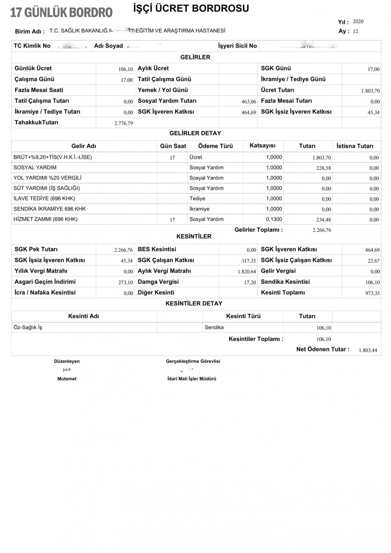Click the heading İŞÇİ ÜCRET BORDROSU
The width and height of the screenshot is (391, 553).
tap(191, 8)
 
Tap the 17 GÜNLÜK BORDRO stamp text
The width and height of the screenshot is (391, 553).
tap(61, 13)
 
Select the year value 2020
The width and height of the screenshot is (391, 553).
tap(358, 21)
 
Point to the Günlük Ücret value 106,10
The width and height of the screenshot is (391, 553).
tap(126, 69)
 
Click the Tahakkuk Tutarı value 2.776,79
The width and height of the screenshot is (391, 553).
tap(124, 123)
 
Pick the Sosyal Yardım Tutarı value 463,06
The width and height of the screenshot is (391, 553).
tap(249, 102)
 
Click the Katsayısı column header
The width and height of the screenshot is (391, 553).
tap(262, 145)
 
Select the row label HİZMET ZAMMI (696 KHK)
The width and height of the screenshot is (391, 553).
tap(45, 219)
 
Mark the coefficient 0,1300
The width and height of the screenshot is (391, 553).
tap(274, 219)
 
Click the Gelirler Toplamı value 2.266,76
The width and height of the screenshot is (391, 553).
tap(322, 230)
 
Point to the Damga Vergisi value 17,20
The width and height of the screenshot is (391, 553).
tap(250, 283)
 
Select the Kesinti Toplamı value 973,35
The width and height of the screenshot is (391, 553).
tap(372, 294)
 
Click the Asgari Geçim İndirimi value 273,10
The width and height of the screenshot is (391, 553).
tap(126, 283)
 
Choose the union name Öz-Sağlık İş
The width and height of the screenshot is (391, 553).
tap(28, 328)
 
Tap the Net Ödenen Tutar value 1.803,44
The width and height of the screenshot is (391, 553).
tap(368, 350)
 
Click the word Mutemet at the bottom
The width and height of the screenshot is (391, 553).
tap(67, 379)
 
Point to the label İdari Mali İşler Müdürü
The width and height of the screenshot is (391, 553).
tap(192, 379)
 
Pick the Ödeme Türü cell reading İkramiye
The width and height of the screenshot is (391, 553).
tap(199, 209)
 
